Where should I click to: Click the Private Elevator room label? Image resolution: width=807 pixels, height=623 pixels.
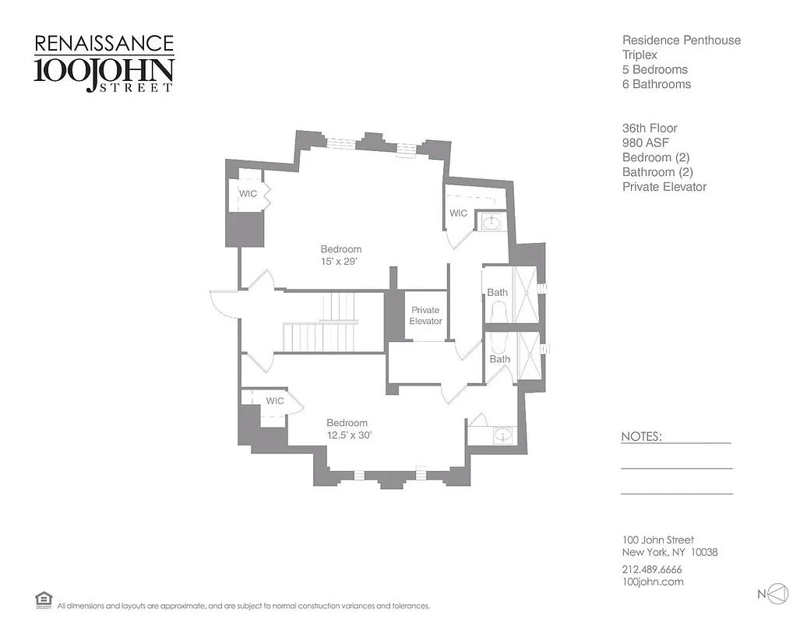coord(425,315)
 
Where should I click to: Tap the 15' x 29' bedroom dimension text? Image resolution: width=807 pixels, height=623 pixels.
coord(340,262)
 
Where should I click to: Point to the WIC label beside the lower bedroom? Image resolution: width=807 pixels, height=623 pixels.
coord(275,401)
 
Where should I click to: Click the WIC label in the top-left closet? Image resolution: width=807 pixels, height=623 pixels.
coord(248,193)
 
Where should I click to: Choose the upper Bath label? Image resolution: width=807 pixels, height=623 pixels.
coord(498,293)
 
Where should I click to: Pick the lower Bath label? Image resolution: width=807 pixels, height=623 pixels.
coord(499,359)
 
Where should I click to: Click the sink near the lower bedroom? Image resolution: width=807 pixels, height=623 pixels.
coord(502,434)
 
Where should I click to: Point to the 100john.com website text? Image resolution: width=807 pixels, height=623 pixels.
coord(653,582)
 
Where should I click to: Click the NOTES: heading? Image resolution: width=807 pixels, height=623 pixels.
coord(641,437)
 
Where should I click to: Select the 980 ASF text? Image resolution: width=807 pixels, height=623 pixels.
coord(645,143)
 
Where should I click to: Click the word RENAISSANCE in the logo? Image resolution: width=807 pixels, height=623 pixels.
coord(104,44)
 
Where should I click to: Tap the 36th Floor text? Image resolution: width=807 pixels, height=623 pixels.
coord(650,128)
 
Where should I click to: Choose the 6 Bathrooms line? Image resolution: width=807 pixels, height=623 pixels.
coord(656,84)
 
